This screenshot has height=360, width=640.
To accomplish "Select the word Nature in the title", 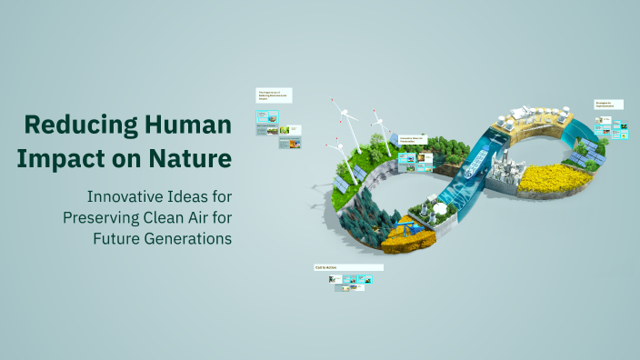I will pyautogui.click(x=193, y=157).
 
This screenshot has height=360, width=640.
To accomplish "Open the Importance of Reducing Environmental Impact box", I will pyautogui.click(x=275, y=95).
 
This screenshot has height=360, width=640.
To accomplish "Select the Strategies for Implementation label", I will pyautogui.click(x=609, y=105).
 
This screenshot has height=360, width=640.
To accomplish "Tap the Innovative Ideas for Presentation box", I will pyautogui.click(x=413, y=140).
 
